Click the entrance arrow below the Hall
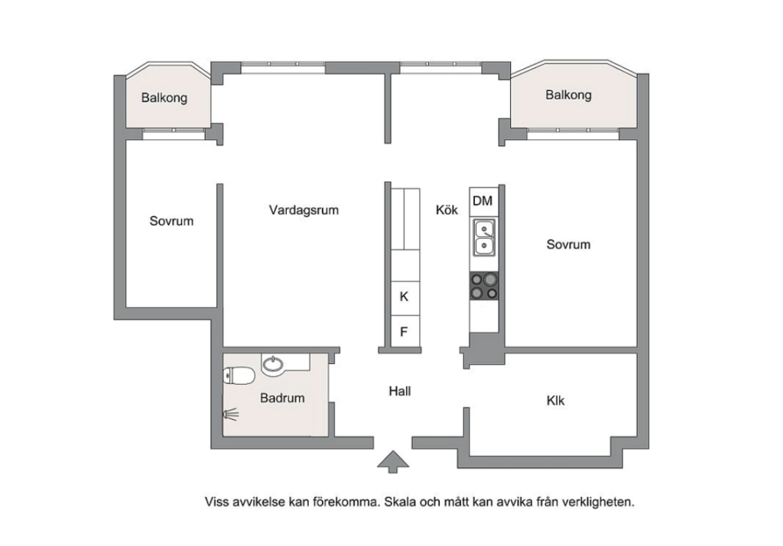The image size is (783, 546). click(x=393, y=461)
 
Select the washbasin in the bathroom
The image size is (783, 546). click(x=272, y=365)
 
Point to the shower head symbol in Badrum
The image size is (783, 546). click(x=230, y=414)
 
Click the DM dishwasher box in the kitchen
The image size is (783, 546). click(x=482, y=201)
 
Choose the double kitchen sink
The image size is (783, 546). click(x=483, y=238)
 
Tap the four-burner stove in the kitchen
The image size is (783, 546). click(x=483, y=285)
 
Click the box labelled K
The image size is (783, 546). click(x=404, y=297)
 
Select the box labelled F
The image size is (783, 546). click(x=404, y=332)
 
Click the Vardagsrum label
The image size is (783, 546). click(x=304, y=210)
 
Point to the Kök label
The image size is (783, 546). click(x=447, y=210)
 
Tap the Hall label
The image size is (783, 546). click(x=400, y=391)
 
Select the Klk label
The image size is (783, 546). click(x=556, y=400)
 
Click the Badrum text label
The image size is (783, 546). click(x=282, y=398)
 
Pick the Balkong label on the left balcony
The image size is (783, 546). click(x=164, y=98)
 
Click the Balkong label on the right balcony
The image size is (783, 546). click(x=568, y=95)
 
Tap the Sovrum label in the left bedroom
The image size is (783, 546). click(x=171, y=221)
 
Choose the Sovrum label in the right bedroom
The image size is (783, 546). click(x=568, y=245)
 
